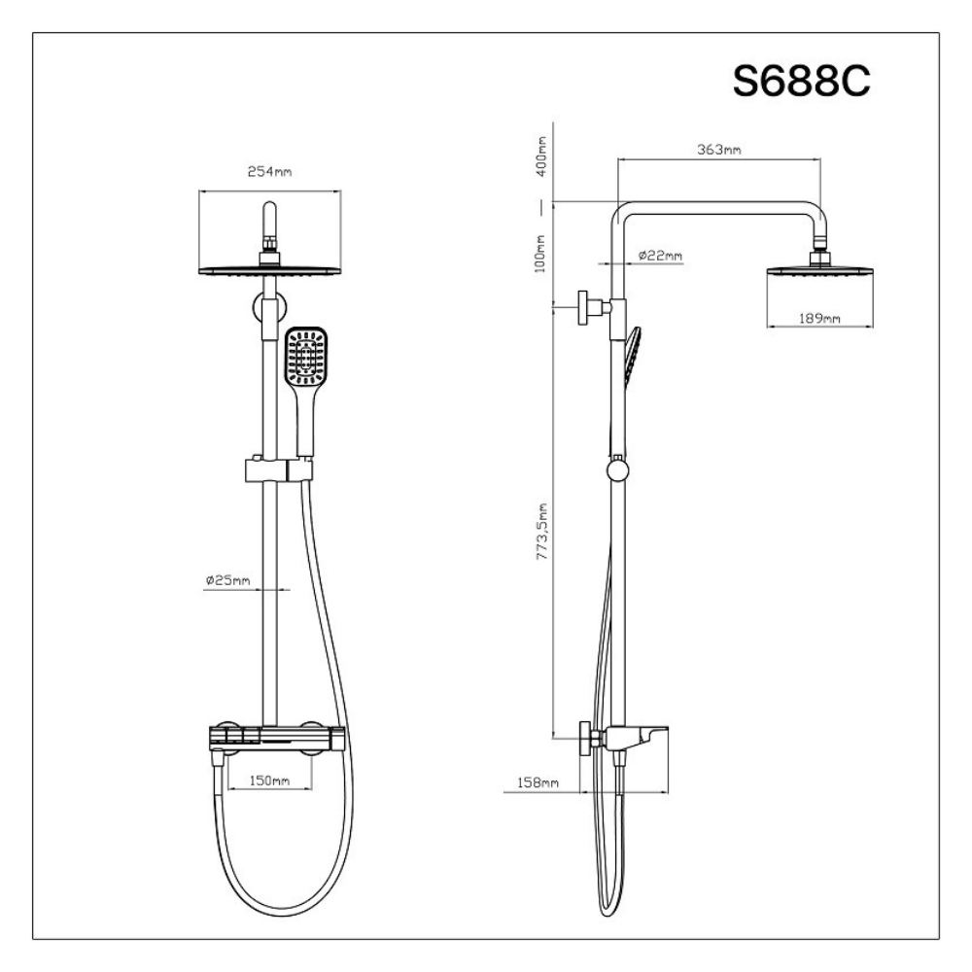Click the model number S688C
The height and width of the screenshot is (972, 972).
tap(802, 81)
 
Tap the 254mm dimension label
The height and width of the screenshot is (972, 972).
tap(269, 171)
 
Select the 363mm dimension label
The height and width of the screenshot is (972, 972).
tap(719, 150)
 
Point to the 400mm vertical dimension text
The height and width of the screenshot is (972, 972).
tap(541, 156)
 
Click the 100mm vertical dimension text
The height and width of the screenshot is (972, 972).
tap(539, 253)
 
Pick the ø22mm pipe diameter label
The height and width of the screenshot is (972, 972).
tap(660, 256)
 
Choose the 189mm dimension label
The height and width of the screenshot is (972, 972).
tap(819, 318)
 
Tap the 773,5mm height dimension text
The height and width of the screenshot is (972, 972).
tap(541, 532)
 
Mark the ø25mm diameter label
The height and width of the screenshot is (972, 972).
tap(228, 580)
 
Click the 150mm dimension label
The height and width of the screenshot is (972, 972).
tap(269, 781)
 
